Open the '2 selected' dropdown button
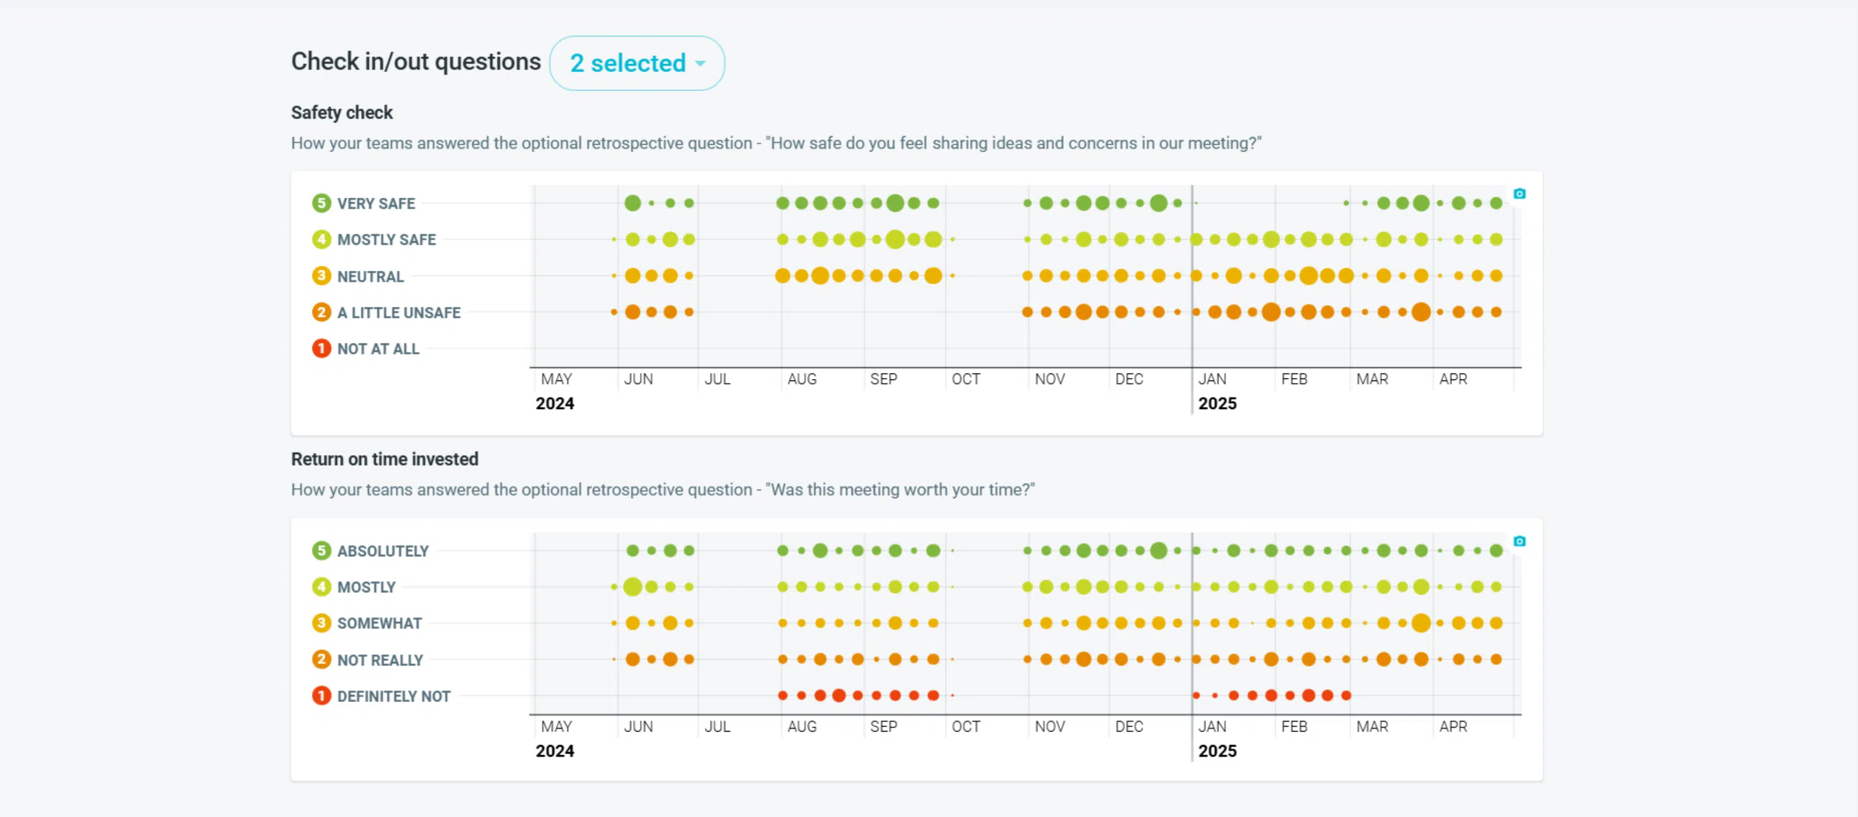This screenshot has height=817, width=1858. [x=637, y=63]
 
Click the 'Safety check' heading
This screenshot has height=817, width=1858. [x=342, y=112]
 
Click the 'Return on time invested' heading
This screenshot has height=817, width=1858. [x=384, y=459]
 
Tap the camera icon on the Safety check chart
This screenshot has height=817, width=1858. [x=1519, y=193]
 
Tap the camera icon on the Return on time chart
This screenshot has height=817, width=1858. [x=1519, y=541]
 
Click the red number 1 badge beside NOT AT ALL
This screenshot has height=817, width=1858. [x=321, y=349]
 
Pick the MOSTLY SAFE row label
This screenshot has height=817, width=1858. [x=387, y=240]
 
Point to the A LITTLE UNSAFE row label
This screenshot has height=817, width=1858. [x=399, y=312]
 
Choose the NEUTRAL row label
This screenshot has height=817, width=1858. [x=371, y=276]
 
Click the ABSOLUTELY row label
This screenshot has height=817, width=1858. [x=383, y=551]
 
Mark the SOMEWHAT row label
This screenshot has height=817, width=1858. [x=380, y=623]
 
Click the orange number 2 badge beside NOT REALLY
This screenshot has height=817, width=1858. [x=321, y=660]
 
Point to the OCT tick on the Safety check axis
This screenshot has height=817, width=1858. [x=966, y=379]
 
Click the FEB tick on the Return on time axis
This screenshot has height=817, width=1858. [x=1294, y=727]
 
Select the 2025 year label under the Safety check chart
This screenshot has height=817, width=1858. [x=1217, y=404]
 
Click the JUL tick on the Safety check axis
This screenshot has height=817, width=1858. [x=717, y=379]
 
